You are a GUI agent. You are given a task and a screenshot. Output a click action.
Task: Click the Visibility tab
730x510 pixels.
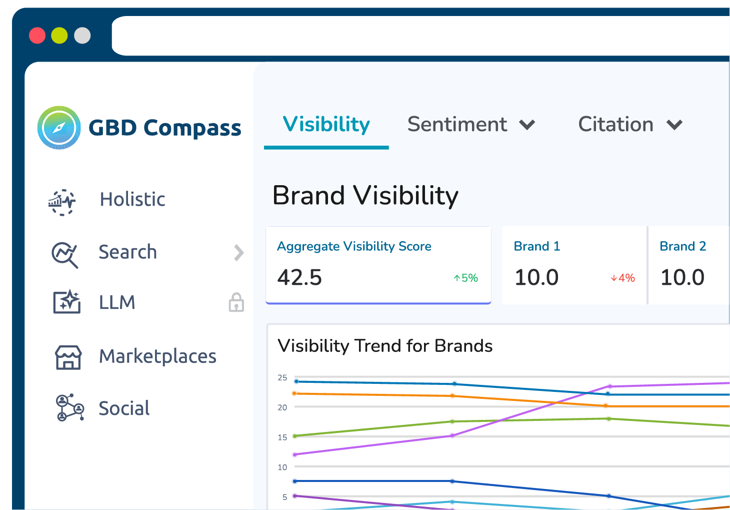point(326,124)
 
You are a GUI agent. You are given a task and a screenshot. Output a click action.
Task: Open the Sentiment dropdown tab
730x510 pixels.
point(470,124)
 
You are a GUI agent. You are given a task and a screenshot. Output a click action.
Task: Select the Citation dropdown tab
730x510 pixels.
point(629,124)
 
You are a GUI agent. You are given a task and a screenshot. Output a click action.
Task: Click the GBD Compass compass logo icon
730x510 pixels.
point(59,128)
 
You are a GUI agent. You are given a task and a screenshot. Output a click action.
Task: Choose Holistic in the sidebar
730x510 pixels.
point(132,199)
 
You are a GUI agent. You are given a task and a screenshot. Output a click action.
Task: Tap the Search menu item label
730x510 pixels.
point(127,252)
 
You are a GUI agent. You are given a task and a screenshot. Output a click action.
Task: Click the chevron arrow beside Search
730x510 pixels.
point(239,252)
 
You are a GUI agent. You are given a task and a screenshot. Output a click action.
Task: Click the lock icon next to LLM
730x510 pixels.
point(236,303)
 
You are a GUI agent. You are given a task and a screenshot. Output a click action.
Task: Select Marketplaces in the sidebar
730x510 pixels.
point(157,356)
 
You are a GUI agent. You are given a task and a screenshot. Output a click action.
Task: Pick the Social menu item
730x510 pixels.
point(124,408)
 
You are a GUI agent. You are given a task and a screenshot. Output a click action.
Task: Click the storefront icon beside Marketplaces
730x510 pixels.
point(68,357)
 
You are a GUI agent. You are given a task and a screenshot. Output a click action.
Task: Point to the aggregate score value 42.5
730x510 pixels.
point(299,277)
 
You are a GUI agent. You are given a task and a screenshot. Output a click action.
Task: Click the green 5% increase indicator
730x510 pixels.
point(465,278)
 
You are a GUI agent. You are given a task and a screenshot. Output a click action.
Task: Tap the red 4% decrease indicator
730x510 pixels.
point(622,278)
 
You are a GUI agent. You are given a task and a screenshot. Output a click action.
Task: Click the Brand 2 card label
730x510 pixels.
point(682,246)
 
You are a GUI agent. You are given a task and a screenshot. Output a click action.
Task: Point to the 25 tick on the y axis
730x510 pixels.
point(282,377)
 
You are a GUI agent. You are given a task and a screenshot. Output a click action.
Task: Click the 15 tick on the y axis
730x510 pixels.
point(282,437)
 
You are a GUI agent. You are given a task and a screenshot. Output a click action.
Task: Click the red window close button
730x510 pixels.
point(37,36)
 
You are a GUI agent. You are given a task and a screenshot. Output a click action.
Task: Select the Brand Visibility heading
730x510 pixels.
point(365,195)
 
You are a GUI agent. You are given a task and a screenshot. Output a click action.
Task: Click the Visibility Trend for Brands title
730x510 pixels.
point(385,346)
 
